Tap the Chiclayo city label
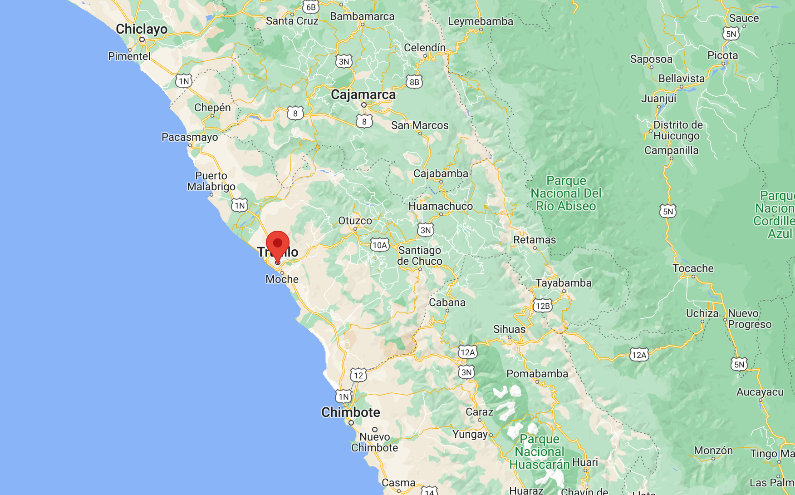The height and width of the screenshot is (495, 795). pyautogui.click(x=142, y=29)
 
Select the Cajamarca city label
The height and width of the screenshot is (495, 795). pyautogui.click(x=363, y=94)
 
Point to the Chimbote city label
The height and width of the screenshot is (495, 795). pyautogui.click(x=351, y=412)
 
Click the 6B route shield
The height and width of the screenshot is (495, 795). pyautogui.click(x=311, y=7)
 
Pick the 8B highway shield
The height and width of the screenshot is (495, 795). pyautogui.click(x=414, y=82)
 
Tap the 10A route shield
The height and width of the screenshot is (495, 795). pyautogui.click(x=380, y=245)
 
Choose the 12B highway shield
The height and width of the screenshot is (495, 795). pyautogui.click(x=543, y=306)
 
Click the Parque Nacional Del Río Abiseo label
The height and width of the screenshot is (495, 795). pyautogui.click(x=566, y=193)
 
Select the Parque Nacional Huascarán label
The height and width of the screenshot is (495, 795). pyautogui.click(x=540, y=452)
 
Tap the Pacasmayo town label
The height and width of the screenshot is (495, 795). pyautogui.click(x=190, y=137)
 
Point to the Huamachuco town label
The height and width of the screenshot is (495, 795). pyautogui.click(x=441, y=206)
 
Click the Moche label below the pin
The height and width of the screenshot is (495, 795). pyautogui.click(x=282, y=279)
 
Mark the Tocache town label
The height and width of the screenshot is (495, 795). pyautogui.click(x=693, y=268)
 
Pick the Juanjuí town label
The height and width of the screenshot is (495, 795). pyautogui.click(x=659, y=99)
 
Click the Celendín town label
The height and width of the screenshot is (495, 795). pyautogui.click(x=425, y=48)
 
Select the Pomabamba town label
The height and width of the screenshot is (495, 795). pyautogui.click(x=537, y=374)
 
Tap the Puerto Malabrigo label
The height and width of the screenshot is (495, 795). pyautogui.click(x=211, y=181)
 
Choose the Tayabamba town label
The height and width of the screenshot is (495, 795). pyautogui.click(x=564, y=283)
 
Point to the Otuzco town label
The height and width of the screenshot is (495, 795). pyautogui.click(x=355, y=221)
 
